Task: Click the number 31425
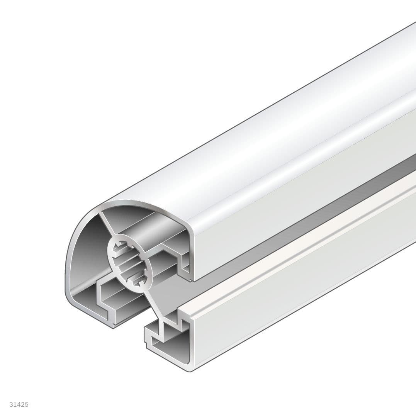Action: click(x=19, y=404)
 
